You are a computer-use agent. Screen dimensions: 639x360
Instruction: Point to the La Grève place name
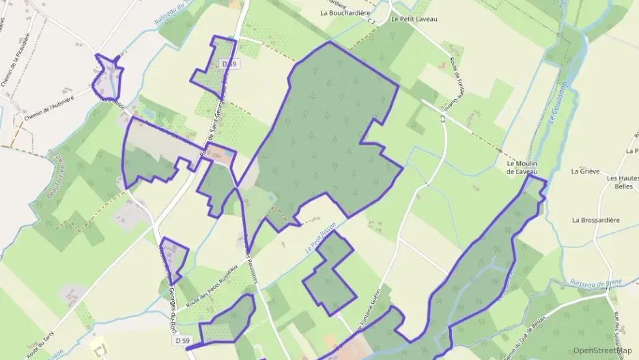tap(585, 171)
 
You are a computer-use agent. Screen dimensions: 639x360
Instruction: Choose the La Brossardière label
tap(596, 220)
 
